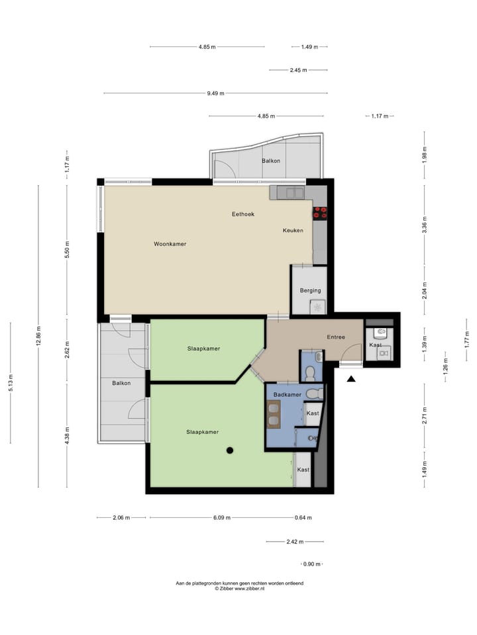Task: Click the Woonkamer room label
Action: tap(170, 244)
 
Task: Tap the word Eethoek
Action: tap(243, 214)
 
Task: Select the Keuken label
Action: tap(293, 230)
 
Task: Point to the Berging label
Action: tap(310, 290)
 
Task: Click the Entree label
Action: tap(336, 337)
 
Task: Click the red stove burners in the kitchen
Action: tap(321, 212)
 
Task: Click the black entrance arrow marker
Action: tap(351, 378)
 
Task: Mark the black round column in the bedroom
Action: tap(230, 450)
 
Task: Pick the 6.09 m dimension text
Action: tap(222, 518)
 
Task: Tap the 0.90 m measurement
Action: tap(311, 564)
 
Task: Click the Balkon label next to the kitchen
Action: tap(270, 161)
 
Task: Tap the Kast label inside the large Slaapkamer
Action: tap(303, 470)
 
